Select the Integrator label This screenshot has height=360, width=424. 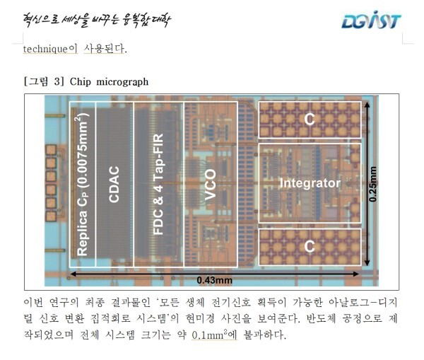coord(310,183)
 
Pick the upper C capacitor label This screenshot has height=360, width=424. coord(309,120)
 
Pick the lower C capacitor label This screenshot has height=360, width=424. coord(309,245)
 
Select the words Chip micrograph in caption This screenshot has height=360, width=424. coord(109,81)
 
